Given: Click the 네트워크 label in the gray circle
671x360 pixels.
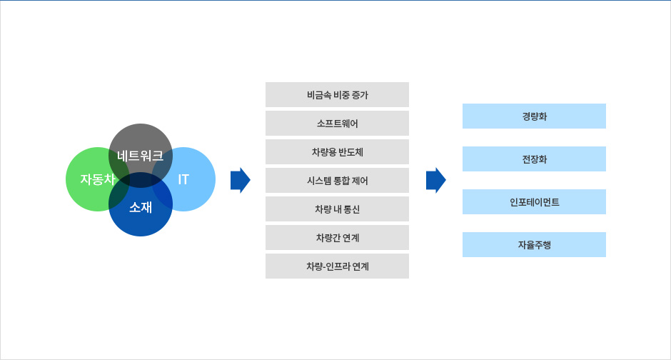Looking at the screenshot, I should click(141, 155).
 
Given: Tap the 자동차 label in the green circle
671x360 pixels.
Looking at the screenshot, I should click(97, 179).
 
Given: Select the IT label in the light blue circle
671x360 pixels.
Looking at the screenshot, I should click(183, 179).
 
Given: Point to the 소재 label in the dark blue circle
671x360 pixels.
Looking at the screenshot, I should click(141, 208).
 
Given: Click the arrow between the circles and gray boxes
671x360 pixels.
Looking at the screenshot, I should click(241, 180).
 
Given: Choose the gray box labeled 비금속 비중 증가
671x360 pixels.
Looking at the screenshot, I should click(337, 94).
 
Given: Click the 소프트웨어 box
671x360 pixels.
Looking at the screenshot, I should click(337, 123).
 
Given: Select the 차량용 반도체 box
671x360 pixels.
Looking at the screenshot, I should click(337, 151).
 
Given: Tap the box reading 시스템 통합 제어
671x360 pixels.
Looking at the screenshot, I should click(337, 180).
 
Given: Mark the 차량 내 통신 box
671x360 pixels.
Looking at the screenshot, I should click(337, 209).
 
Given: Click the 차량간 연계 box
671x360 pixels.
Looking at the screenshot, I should click(337, 237).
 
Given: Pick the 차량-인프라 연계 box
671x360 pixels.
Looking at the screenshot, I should click(337, 266).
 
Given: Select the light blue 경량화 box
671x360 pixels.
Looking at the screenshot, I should click(534, 116).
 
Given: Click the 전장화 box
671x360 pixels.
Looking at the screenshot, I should click(534, 159).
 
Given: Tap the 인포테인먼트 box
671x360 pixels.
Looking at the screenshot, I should click(534, 201).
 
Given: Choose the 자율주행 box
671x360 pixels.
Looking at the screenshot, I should click(534, 244).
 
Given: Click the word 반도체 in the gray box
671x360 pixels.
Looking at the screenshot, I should click(350, 151).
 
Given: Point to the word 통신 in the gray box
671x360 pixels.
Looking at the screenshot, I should click(351, 209).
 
